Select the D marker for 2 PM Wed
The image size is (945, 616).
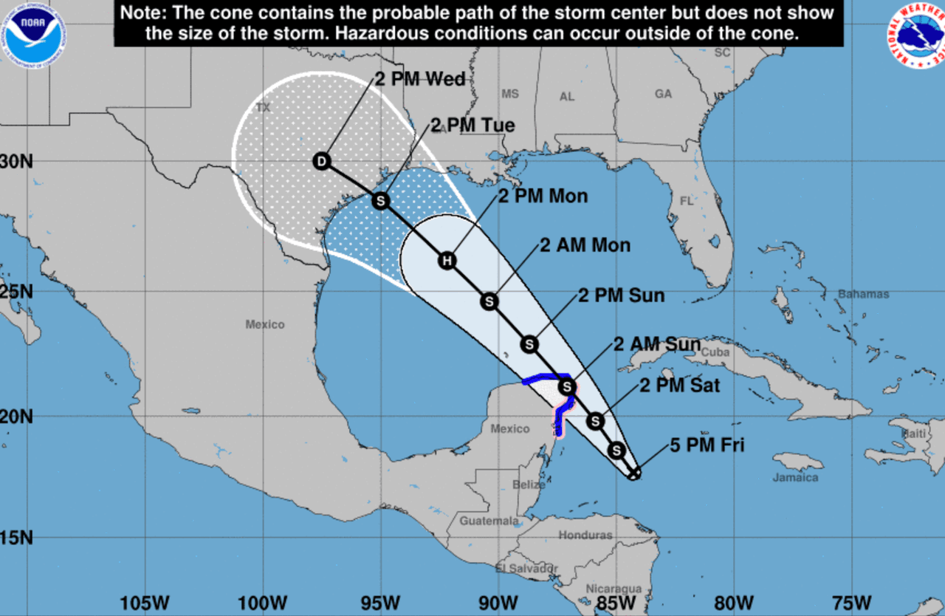coord(321,161)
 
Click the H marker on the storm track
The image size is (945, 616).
coord(446,260)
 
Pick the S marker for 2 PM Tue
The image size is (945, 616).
coord(380,200)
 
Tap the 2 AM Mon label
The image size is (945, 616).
coord(585,245)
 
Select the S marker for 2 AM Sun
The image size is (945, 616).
coord(566,386)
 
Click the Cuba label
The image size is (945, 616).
coord(715,352)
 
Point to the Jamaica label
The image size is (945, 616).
coord(795,477)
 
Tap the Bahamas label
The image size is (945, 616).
coord(863,294)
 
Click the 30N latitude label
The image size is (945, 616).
coord(16,161)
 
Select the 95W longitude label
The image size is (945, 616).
coord(381,603)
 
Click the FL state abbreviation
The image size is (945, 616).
coord(687,201)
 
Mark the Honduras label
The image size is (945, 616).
coord(585,535)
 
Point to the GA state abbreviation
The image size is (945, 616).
coord(663,94)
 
